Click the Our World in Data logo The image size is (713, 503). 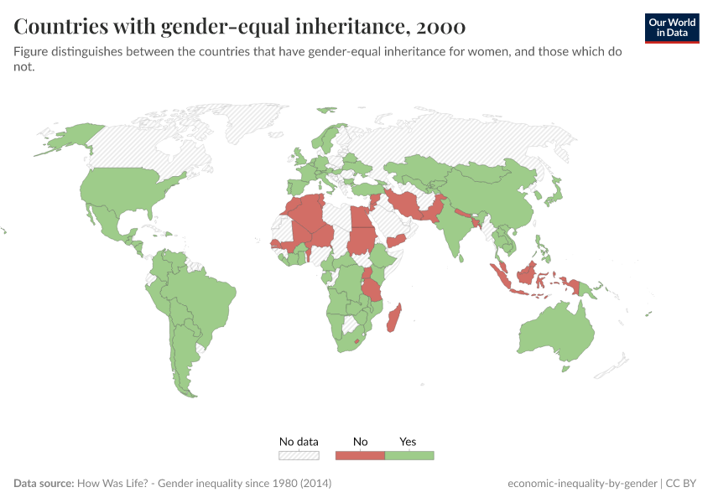click(x=671, y=27)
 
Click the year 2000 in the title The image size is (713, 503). click(x=440, y=27)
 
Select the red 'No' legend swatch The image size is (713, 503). click(x=360, y=455)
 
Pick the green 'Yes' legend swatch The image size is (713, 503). click(x=409, y=455)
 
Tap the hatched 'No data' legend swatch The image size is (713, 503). click(x=299, y=455)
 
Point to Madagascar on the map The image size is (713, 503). click(x=397, y=319)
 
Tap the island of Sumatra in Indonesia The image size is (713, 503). click(x=501, y=273)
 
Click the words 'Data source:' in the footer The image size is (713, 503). click(x=44, y=484)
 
